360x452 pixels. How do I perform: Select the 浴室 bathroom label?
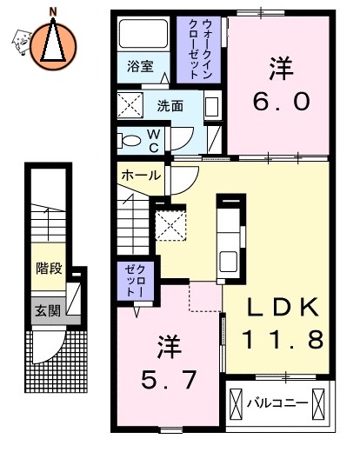(139, 65)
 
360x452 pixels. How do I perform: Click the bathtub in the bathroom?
(143, 36)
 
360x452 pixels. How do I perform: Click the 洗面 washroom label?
(170, 106)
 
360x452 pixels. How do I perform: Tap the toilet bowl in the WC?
(130, 138)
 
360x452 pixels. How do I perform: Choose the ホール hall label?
(140, 175)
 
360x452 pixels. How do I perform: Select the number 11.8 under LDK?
(277, 337)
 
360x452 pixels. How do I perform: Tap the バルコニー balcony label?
(277, 402)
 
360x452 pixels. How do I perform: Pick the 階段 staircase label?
(49, 268)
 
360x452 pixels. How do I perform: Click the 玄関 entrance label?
(47, 309)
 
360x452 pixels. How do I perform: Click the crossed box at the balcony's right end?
(318, 403)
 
